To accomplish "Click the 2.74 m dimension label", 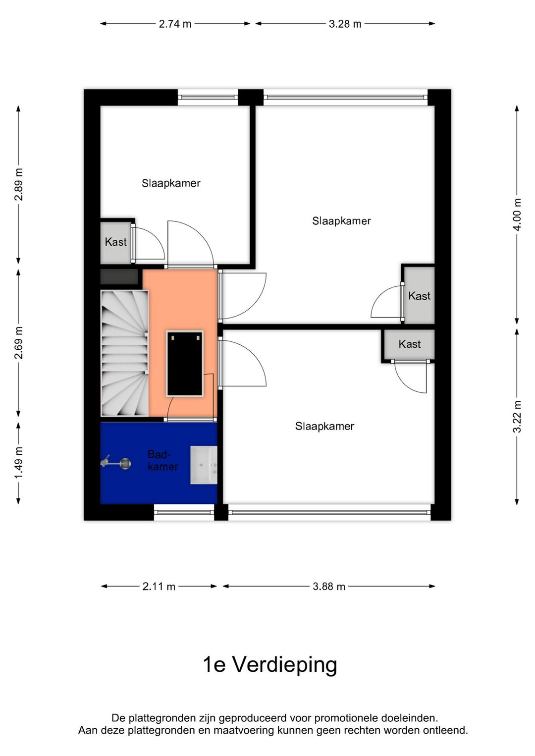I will click(x=175, y=24).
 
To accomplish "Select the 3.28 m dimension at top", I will click(x=345, y=24).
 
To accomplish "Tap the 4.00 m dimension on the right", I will click(x=517, y=215).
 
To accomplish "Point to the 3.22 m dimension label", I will click(x=517, y=416).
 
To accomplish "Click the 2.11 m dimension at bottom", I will click(x=159, y=587).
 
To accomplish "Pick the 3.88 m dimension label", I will click(x=329, y=587).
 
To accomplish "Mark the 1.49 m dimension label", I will click(x=18, y=463).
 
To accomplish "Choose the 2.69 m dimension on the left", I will click(x=18, y=343).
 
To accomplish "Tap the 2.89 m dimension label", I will click(x=18, y=184).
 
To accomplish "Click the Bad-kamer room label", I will click(x=162, y=460).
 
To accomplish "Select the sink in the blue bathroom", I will click(x=204, y=465).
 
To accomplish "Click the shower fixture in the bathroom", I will click(x=116, y=463).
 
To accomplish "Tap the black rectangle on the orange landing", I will click(x=185, y=363).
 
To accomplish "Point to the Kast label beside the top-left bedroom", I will click(x=115, y=242).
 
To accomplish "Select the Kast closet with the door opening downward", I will click(x=409, y=344).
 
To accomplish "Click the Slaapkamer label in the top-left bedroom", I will click(x=171, y=183).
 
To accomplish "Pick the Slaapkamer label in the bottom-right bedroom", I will click(x=324, y=426).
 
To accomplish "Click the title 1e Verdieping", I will click(x=270, y=664).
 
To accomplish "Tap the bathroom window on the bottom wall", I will click(x=184, y=512).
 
